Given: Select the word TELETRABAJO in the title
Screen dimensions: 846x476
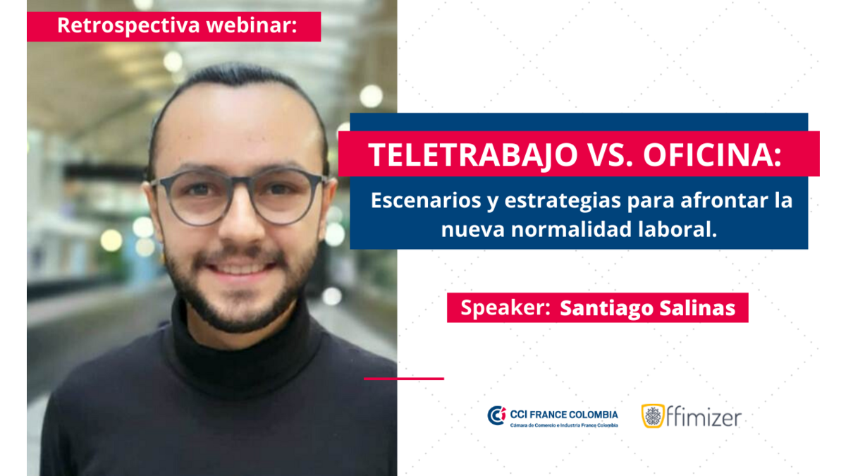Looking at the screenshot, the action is coord(473,155).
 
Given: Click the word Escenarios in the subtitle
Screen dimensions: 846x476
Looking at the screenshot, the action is coord(426,200).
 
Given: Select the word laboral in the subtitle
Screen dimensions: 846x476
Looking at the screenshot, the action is coord(675,229).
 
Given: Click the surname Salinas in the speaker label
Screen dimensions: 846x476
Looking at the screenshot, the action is coord(697,308).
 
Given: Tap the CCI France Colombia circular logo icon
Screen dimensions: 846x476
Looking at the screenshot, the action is coord(496,415).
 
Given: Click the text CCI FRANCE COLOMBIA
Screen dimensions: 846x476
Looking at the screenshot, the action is coord(564,415).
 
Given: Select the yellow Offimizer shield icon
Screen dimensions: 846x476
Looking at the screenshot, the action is coord(653,416).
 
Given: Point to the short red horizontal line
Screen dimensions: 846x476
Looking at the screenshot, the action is coord(404,379).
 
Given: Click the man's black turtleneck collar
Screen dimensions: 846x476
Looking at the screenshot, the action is coord(242,351).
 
